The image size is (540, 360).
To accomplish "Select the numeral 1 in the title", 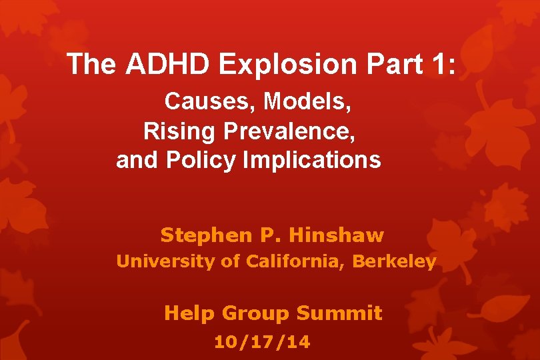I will (441, 64).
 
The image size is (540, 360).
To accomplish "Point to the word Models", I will (308, 102).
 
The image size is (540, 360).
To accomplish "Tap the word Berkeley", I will (394, 262).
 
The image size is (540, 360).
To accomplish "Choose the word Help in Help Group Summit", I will (189, 313).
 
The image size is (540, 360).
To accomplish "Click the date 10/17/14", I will (262, 343).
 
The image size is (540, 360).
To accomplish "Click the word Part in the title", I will (391, 64).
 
